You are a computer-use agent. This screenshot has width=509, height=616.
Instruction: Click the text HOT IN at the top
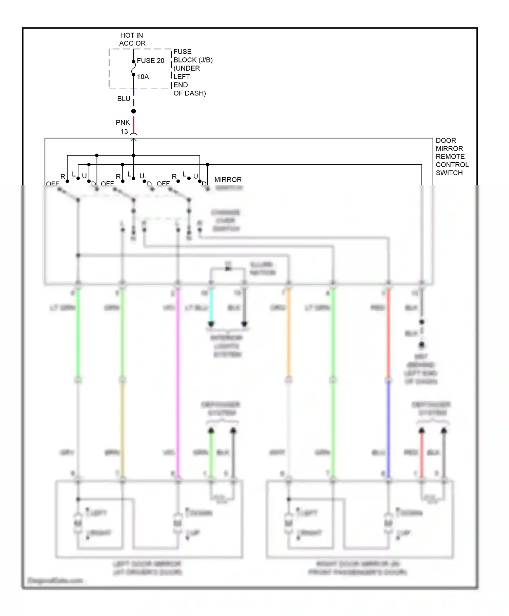click(131, 35)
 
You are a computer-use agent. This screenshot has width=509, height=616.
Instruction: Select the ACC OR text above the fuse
click(132, 43)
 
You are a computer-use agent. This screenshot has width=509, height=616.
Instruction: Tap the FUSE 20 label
click(150, 61)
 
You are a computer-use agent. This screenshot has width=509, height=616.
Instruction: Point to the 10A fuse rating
click(143, 77)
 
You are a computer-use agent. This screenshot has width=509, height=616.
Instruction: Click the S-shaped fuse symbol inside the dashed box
click(133, 68)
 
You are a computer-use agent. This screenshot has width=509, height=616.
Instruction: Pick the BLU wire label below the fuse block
click(124, 99)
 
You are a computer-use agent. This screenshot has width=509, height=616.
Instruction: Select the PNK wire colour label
click(123, 123)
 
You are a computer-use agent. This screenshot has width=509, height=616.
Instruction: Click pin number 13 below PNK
click(124, 131)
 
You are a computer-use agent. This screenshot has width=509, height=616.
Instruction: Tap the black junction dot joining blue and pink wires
click(134, 111)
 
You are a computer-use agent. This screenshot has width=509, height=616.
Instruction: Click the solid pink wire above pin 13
click(134, 124)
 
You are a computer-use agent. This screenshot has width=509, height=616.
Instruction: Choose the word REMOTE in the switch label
click(450, 157)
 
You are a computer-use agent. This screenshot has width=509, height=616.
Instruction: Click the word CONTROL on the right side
click(452, 165)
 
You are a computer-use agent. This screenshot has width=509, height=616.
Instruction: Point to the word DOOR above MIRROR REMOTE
click(446, 141)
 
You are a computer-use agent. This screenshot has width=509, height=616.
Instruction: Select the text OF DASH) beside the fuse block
click(189, 93)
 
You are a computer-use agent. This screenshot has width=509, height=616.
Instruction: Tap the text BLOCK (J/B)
click(193, 60)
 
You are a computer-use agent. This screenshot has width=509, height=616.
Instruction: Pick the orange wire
click(289, 333)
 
